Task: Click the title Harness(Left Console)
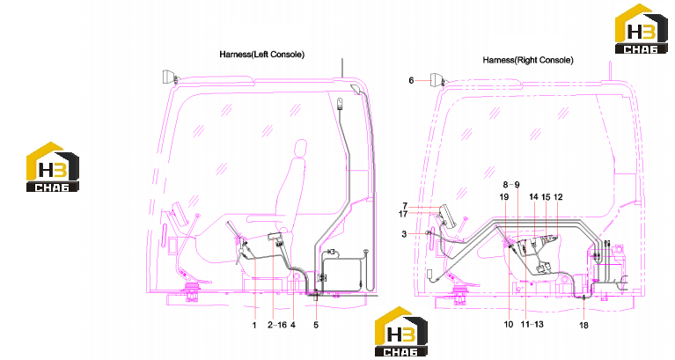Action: pyautogui.click(x=261, y=55)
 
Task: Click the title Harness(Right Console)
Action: pyautogui.click(x=528, y=60)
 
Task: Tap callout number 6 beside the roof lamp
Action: pyautogui.click(x=411, y=80)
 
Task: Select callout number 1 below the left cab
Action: pyautogui.click(x=254, y=325)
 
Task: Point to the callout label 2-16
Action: pyautogui.click(x=277, y=325)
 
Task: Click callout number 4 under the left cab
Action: pyautogui.click(x=293, y=325)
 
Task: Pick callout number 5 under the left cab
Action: pyautogui.click(x=316, y=325)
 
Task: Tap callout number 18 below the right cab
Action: pyautogui.click(x=583, y=325)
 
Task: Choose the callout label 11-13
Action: pyautogui.click(x=532, y=324)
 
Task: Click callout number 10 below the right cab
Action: pyautogui.click(x=509, y=324)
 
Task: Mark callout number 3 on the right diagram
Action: pyautogui.click(x=404, y=234)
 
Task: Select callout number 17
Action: pyautogui.click(x=403, y=214)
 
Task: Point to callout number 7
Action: pyautogui.click(x=405, y=206)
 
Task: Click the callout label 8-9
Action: pyautogui.click(x=511, y=185)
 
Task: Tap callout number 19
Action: pyautogui.click(x=504, y=197)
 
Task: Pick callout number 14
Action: pyautogui.click(x=533, y=197)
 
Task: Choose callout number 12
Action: pyautogui.click(x=558, y=197)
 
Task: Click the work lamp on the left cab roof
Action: pyautogui.click(x=168, y=77)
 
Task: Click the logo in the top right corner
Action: pyautogui.click(x=641, y=29)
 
